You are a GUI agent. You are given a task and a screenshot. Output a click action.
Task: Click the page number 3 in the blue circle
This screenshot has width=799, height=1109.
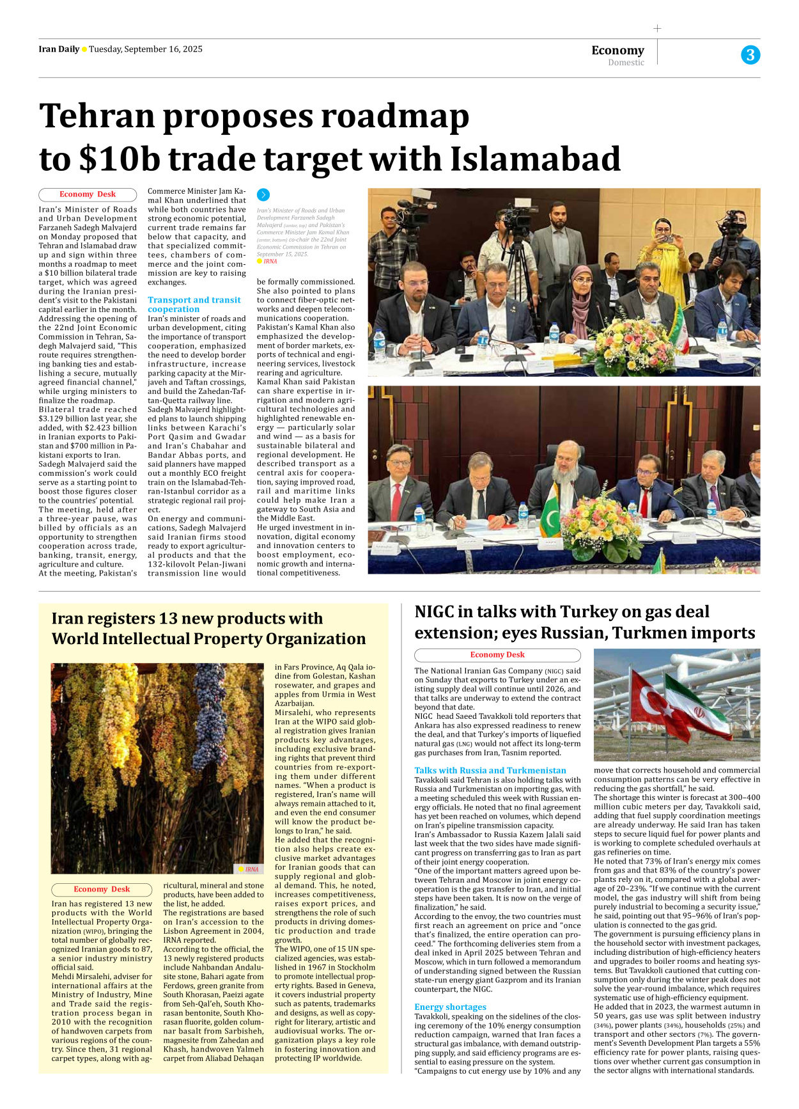750,55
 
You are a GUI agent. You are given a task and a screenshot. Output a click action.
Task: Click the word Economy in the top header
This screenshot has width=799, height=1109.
617,50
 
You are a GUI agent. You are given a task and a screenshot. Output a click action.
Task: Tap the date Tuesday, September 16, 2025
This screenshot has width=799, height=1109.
145,49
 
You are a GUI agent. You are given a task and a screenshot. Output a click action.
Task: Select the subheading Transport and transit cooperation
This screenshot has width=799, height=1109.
194,304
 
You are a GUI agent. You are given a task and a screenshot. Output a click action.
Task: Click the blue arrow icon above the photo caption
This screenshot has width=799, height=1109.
263,195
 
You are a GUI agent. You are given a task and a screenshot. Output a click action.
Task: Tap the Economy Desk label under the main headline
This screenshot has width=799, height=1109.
88,194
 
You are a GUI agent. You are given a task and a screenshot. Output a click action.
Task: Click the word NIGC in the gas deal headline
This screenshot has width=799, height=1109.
438,612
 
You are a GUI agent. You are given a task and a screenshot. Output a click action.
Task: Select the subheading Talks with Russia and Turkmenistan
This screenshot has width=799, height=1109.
490,771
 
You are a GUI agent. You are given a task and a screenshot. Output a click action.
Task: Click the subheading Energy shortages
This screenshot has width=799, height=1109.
450,1007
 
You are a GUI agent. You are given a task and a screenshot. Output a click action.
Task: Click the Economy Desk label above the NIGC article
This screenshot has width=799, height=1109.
497,655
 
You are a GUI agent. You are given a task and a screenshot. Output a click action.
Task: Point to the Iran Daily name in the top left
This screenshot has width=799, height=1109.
59,49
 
